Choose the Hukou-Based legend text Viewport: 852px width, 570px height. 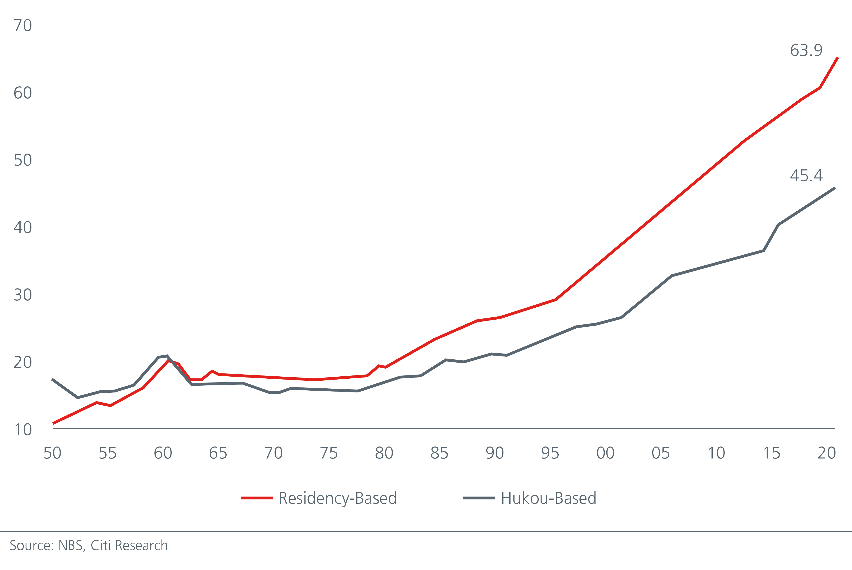(x=548, y=498)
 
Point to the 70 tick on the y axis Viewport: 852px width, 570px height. (x=23, y=26)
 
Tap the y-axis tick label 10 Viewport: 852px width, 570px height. (x=23, y=430)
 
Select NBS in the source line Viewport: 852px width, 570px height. (x=71, y=546)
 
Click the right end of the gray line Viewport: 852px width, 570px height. (x=835, y=188)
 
